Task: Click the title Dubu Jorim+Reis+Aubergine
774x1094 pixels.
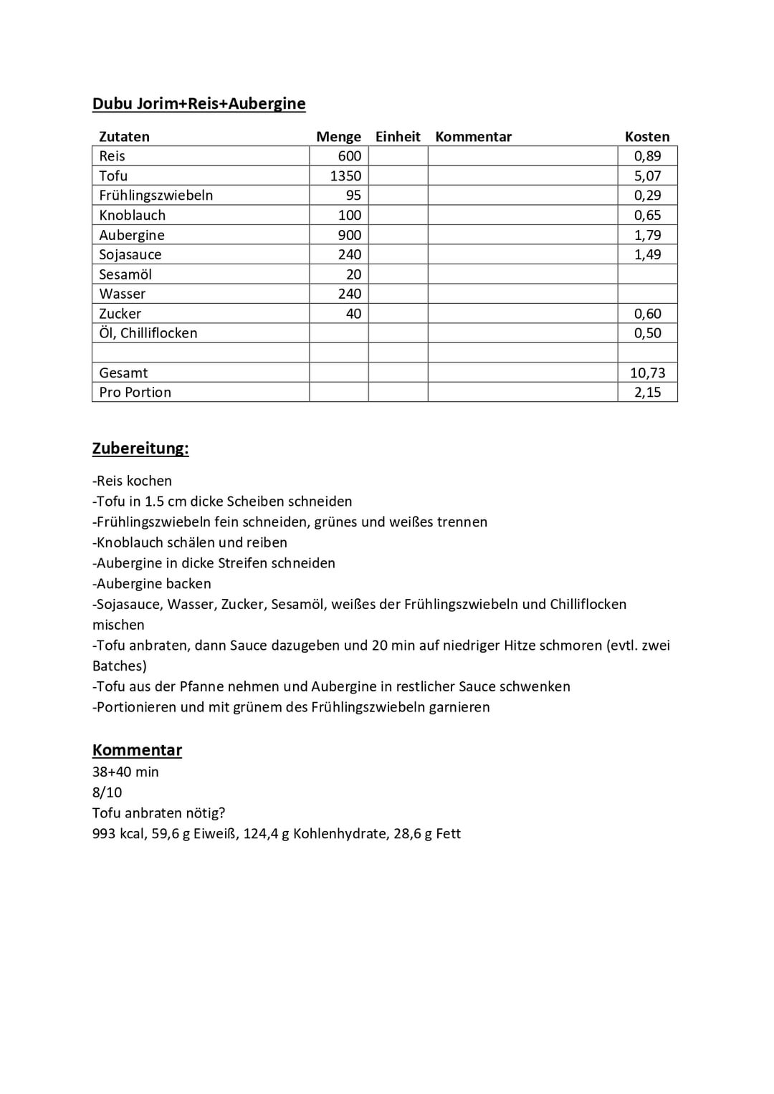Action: pos(199,104)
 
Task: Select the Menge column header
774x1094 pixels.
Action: pos(338,137)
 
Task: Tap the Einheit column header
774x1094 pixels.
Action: pos(398,137)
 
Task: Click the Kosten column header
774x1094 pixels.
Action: pos(647,137)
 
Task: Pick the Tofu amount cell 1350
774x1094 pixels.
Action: pos(345,176)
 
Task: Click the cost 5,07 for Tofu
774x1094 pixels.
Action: pos(647,176)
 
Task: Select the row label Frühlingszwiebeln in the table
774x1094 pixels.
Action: pos(156,196)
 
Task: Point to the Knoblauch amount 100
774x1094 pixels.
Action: pos(350,215)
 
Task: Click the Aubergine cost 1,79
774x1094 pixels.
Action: pos(647,235)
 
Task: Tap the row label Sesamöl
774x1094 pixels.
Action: pos(125,274)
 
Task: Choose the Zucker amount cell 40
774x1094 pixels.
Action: pos(353,314)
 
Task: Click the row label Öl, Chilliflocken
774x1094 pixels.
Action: pos(148,333)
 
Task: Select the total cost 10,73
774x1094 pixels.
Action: pos(647,373)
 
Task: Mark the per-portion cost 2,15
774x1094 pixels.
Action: pos(647,393)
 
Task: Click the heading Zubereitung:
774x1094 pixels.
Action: pos(140,448)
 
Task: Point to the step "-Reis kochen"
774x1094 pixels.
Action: pos(133,481)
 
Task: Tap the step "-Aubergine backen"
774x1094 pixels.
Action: pos(152,584)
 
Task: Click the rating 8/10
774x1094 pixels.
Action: pos(107,792)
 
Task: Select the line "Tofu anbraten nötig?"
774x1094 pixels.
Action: pos(158,813)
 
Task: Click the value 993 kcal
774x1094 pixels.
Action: pos(118,834)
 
